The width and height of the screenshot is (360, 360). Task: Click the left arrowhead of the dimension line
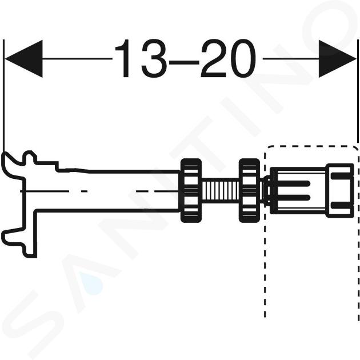pos(23,59)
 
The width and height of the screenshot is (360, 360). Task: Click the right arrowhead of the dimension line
pos(337,59)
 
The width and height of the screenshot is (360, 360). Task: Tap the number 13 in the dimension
pos(141,58)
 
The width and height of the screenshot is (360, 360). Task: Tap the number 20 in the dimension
pos(228,58)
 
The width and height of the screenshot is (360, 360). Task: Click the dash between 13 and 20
pos(183,62)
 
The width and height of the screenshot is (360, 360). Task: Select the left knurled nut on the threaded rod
pos(191,190)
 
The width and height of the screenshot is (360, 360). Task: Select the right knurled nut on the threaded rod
pos(249,190)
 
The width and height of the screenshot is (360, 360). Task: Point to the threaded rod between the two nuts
pos(221,190)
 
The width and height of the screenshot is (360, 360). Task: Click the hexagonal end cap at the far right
pos(340,190)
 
